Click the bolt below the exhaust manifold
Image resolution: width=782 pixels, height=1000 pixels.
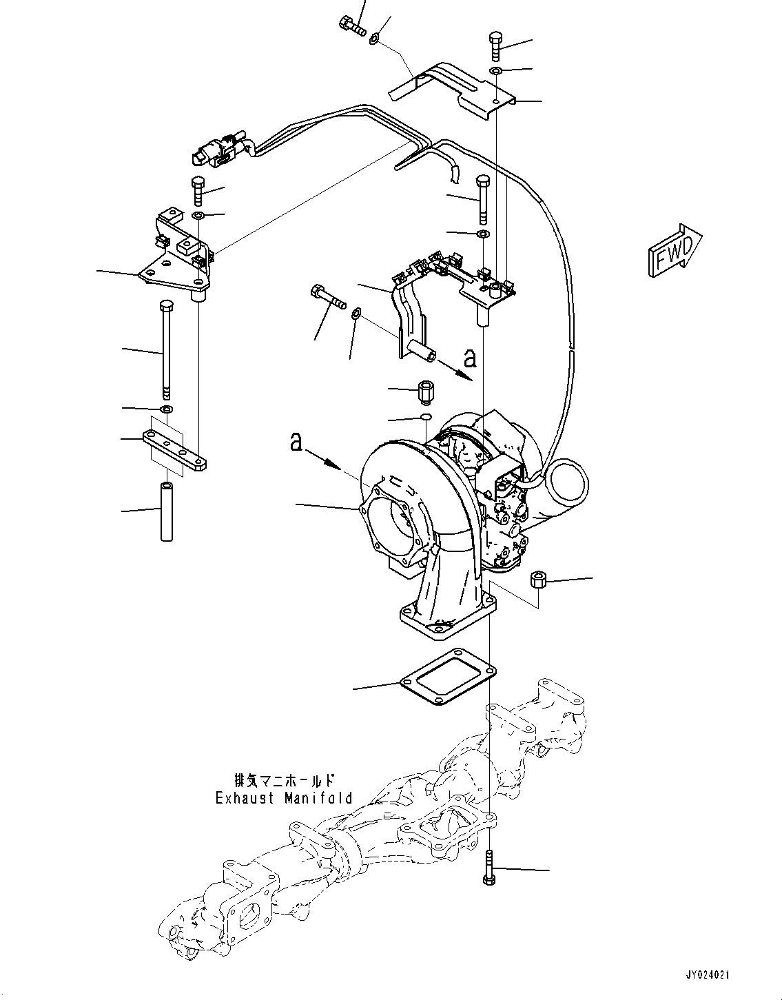click(488, 868)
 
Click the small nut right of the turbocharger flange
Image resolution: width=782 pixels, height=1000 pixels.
click(538, 580)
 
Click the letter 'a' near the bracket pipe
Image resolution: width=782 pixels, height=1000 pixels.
click(469, 358)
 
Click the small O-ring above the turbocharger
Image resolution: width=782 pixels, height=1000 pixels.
click(426, 417)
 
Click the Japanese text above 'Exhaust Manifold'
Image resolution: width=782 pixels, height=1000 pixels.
click(284, 781)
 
